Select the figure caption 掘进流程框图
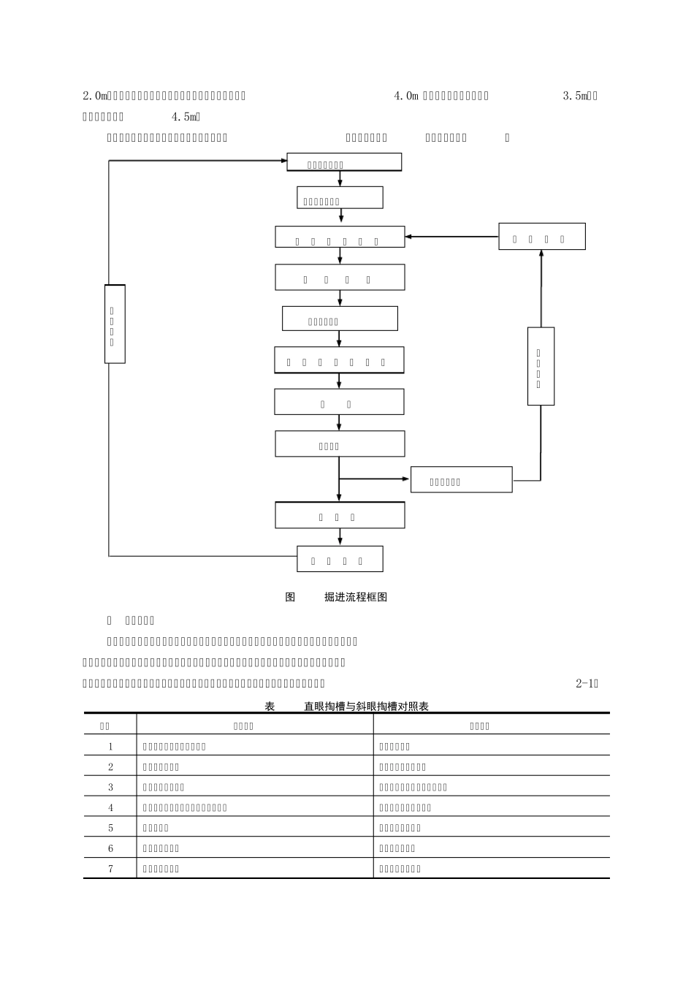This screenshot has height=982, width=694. pyautogui.click(x=356, y=597)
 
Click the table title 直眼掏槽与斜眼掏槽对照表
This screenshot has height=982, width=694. pyautogui.click(x=366, y=707)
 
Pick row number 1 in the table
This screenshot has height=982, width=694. pyautogui.click(x=111, y=747)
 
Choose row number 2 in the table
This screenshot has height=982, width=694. pyautogui.click(x=111, y=767)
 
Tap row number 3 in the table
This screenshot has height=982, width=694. pyautogui.click(x=111, y=788)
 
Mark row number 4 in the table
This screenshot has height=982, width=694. pyautogui.click(x=111, y=808)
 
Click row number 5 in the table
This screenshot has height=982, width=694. pyautogui.click(x=111, y=829)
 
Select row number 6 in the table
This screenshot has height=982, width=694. pyautogui.click(x=111, y=849)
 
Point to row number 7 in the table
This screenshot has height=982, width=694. pyautogui.click(x=111, y=869)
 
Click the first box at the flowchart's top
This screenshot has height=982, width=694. pyautogui.click(x=344, y=162)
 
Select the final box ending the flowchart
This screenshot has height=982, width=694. pyautogui.click(x=340, y=559)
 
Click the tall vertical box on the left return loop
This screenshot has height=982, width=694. pyautogui.click(x=115, y=324)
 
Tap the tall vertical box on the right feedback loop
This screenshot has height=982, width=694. pyautogui.click(x=541, y=366)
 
